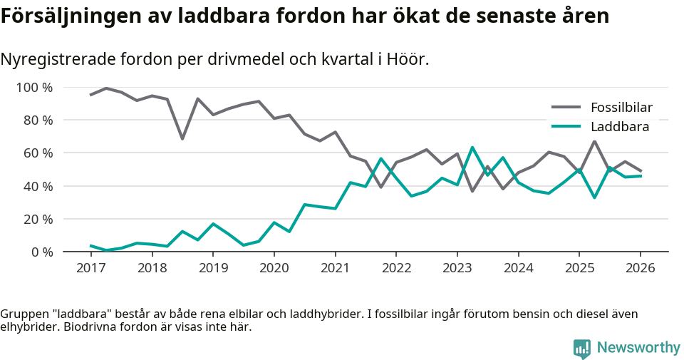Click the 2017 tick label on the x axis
pyautogui.click(x=90, y=268)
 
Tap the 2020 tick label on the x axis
pyautogui.click(x=274, y=268)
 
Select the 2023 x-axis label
pyautogui.click(x=457, y=268)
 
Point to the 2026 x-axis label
pyautogui.click(x=640, y=268)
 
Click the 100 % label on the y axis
pyautogui.click(x=33, y=88)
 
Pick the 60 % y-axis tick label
pyautogui.click(x=37, y=153)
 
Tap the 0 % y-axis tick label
pyautogui.click(x=41, y=252)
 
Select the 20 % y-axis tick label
pyautogui.click(x=37, y=219)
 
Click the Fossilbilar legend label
pyautogui.click(x=621, y=108)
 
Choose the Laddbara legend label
pyautogui.click(x=619, y=127)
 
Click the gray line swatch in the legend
pyautogui.click(x=566, y=108)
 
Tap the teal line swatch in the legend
pyautogui.click(x=566, y=127)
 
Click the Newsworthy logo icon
pyautogui.click(x=581, y=348)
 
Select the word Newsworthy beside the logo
pyautogui.click(x=638, y=348)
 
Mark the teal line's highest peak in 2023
pyautogui.click(x=472, y=148)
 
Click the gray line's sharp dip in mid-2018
pyautogui.click(x=182, y=138)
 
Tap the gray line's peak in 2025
pyautogui.click(x=594, y=141)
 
